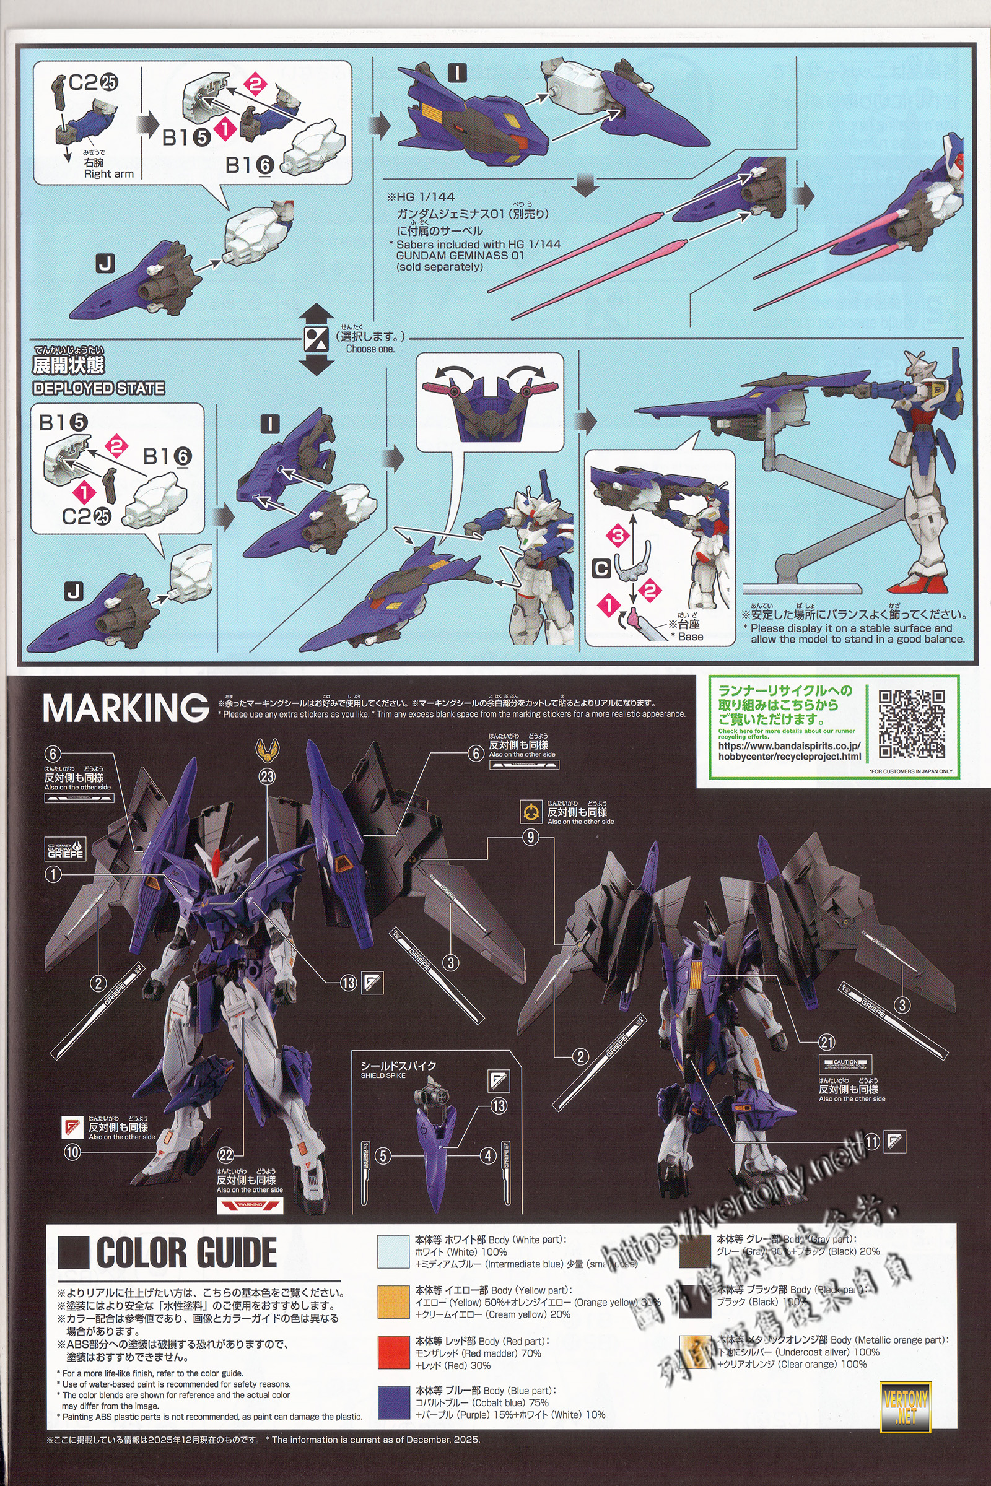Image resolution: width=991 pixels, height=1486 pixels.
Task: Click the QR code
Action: (911, 723)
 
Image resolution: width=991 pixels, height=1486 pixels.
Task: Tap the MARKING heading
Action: (125, 708)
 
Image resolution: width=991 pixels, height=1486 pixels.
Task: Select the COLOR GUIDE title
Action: (186, 1253)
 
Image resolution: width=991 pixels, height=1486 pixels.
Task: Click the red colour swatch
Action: (393, 1352)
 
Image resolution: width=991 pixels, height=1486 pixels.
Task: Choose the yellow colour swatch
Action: (393, 1301)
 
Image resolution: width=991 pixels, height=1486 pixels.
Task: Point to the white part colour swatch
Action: (393, 1251)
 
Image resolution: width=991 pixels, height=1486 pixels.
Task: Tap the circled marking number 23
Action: (268, 776)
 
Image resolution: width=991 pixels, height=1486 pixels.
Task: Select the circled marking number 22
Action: (225, 1155)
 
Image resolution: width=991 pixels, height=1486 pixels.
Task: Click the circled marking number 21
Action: (827, 1042)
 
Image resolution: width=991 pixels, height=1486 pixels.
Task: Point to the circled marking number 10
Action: (72, 1151)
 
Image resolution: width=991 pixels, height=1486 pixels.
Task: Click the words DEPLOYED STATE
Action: (98, 388)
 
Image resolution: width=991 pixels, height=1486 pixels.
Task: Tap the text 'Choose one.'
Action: (370, 349)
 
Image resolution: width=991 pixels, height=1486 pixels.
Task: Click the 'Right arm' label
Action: (109, 174)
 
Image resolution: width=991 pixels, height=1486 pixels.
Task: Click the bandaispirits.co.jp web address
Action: (789, 750)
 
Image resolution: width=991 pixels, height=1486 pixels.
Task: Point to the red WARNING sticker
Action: (250, 1205)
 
